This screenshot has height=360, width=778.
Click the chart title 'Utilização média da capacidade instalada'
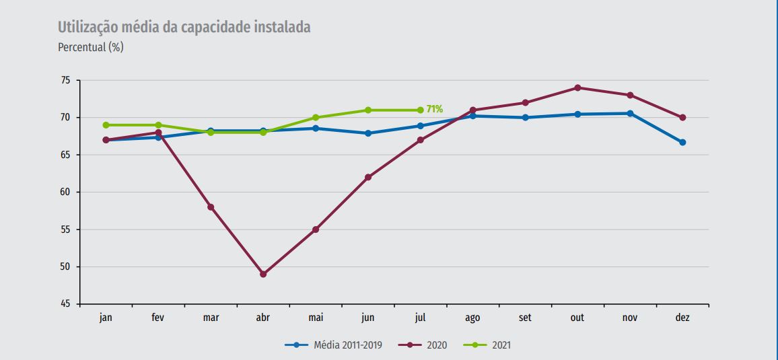point(184,28)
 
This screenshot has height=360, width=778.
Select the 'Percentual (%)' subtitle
point(91,48)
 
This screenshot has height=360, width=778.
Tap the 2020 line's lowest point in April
point(263,275)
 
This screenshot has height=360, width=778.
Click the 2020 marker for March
point(211,207)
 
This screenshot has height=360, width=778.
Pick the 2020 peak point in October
point(577,87)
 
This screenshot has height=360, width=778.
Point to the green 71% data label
point(435,109)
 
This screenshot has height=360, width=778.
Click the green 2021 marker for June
point(368,110)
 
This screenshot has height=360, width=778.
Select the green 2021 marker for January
point(106,125)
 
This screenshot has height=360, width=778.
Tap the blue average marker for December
point(682,143)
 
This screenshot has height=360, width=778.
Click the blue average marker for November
point(630,114)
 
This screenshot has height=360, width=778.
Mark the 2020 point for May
point(316,229)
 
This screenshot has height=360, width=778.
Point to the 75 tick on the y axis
point(65,81)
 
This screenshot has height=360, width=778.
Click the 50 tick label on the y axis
point(65,267)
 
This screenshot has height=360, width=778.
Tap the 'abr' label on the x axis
point(263,318)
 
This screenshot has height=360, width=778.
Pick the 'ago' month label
point(472,318)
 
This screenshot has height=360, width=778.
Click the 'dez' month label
point(682,318)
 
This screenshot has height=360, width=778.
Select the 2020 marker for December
point(682,118)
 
